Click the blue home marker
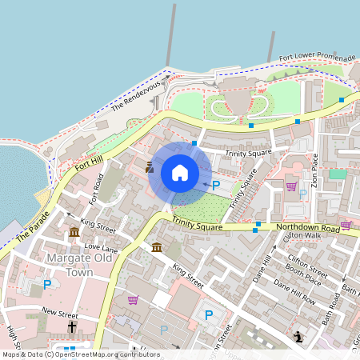pos(180,173)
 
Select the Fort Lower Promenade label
pos(317,58)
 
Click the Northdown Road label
pos(308,228)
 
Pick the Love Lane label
pos(101,249)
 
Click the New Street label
pos(61,311)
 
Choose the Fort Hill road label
pos(89,166)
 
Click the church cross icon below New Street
pos(72,327)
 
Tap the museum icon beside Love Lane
pos(74,231)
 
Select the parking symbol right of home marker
pos(215,185)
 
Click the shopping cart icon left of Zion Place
pos(291,186)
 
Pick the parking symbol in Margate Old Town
pos(47,284)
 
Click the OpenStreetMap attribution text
pos(80,354)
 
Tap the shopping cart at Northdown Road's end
pos(346,225)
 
